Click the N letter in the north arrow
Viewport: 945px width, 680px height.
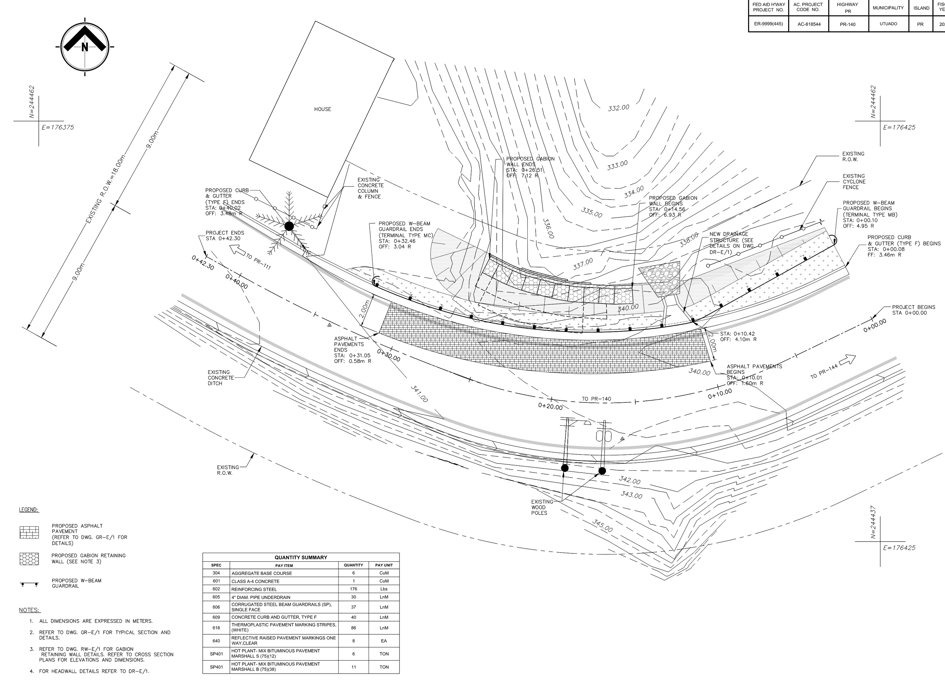point(85,47)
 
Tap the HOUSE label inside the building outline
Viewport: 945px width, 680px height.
point(322,109)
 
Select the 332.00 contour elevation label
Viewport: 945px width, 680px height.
point(618,108)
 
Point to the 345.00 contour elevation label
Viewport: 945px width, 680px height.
point(602,526)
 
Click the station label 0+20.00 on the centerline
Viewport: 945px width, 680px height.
point(550,406)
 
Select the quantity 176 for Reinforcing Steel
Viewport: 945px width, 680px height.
point(353,589)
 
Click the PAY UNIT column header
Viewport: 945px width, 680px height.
point(384,565)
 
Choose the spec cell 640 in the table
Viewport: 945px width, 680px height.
point(216,640)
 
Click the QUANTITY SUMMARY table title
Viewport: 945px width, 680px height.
point(301,557)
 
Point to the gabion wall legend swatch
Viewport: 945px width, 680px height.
point(29,559)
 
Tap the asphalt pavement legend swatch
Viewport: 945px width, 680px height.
point(29,533)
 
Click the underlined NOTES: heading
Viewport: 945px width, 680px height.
point(29,610)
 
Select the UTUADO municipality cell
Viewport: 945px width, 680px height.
point(888,24)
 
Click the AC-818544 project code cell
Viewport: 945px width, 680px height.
point(809,24)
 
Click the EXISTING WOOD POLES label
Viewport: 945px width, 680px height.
point(542,507)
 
